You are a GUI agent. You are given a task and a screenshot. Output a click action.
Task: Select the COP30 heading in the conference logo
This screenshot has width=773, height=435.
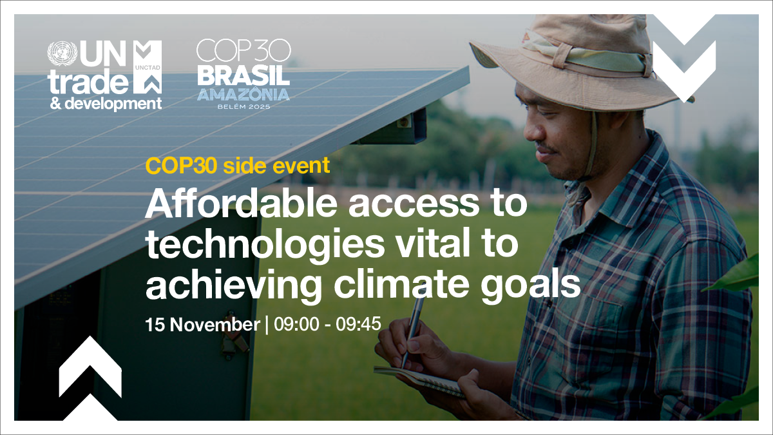(x=243, y=52)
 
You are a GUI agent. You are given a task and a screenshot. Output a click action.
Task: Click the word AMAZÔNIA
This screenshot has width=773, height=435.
(x=243, y=94)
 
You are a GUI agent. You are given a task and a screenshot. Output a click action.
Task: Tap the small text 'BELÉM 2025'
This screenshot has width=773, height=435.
(x=243, y=106)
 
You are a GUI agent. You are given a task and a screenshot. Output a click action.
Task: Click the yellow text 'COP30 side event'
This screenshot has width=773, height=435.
(x=238, y=166)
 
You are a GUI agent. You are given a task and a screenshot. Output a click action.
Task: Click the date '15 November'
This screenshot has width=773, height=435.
(x=202, y=325)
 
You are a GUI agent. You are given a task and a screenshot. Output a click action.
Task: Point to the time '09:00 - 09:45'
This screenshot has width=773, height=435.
(x=327, y=325)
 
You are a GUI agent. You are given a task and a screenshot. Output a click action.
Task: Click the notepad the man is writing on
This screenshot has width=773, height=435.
(x=419, y=380)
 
